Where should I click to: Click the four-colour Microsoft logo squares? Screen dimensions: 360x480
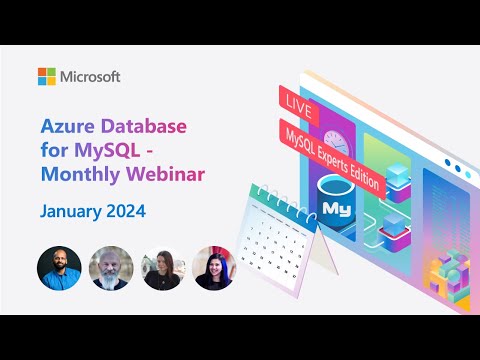(47, 77)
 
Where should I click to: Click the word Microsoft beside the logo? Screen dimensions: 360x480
(91, 77)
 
